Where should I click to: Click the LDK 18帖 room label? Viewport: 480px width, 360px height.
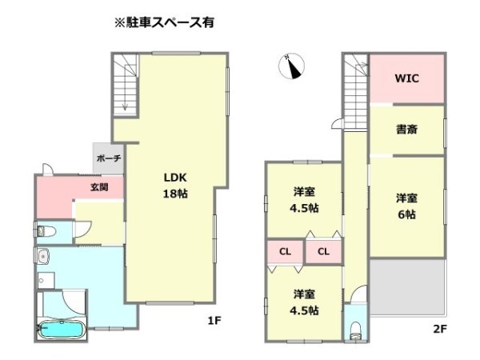point(176,186)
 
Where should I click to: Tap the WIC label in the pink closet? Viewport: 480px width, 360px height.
point(406,79)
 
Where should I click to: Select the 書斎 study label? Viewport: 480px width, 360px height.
point(406,130)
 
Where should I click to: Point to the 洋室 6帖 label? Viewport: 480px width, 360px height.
point(406,206)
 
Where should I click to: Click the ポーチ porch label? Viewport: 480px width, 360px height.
point(108,158)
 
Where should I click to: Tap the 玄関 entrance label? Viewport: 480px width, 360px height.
point(100,188)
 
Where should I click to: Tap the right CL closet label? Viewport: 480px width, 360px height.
point(323,252)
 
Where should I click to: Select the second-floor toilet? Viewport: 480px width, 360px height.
point(354,330)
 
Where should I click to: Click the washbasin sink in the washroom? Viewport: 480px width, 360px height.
point(42,258)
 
